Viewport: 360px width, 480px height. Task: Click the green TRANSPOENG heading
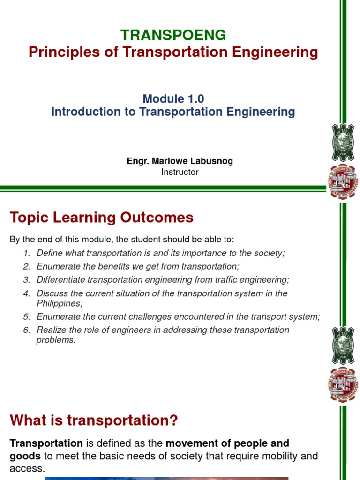(173, 35)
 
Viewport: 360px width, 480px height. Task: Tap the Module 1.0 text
(173, 99)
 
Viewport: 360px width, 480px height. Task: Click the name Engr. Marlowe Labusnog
(180, 161)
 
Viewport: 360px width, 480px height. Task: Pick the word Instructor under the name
(180, 172)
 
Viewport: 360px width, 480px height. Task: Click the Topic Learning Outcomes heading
(101, 217)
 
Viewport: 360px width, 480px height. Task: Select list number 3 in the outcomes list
(27, 280)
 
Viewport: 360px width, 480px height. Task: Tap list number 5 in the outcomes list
(27, 316)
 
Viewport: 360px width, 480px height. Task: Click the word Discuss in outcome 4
(51, 293)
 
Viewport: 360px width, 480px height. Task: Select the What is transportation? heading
(94, 420)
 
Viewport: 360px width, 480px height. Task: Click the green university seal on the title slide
(343, 142)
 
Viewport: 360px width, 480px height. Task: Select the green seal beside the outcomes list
(343, 345)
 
